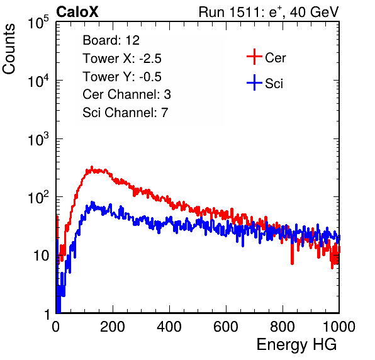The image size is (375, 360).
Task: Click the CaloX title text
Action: (x=77, y=12)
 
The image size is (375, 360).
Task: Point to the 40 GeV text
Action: (x=314, y=12)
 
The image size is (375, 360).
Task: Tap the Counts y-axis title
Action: (x=9, y=49)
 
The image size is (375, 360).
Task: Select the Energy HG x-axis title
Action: (x=296, y=345)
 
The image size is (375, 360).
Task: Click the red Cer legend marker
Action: (x=254, y=57)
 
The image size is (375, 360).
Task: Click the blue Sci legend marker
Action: (x=254, y=82)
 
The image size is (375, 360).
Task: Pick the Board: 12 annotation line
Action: (x=111, y=40)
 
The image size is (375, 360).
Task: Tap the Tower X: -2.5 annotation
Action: (x=122, y=59)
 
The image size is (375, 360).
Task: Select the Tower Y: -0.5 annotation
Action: (x=122, y=77)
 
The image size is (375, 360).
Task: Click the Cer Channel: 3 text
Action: (x=126, y=94)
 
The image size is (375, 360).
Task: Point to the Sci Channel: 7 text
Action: (x=125, y=113)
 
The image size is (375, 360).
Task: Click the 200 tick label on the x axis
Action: (x=113, y=327)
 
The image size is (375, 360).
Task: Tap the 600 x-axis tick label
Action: (x=226, y=327)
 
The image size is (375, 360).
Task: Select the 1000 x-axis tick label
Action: (x=339, y=327)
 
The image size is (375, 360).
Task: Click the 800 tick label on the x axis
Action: (x=283, y=327)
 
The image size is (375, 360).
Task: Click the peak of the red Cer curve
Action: (x=92, y=167)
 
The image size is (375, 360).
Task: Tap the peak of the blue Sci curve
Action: (x=92, y=202)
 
